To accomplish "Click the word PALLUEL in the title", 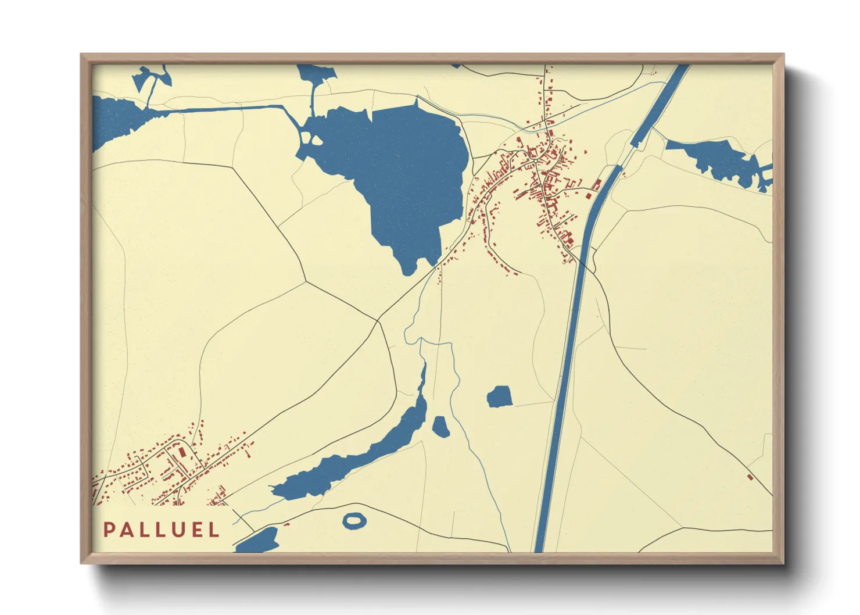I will click(x=162, y=530).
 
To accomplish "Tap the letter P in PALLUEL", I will click(x=109, y=530).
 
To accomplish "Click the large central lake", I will click(x=407, y=169).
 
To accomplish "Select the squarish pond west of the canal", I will click(x=499, y=397).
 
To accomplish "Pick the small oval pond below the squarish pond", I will click(x=441, y=427).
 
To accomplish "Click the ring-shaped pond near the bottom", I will click(x=354, y=520).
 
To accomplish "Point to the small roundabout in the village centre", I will click(x=536, y=160).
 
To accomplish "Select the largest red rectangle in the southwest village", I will click(x=182, y=452).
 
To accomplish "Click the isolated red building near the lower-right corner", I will click(x=750, y=477).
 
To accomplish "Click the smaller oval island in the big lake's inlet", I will click(x=317, y=140).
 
